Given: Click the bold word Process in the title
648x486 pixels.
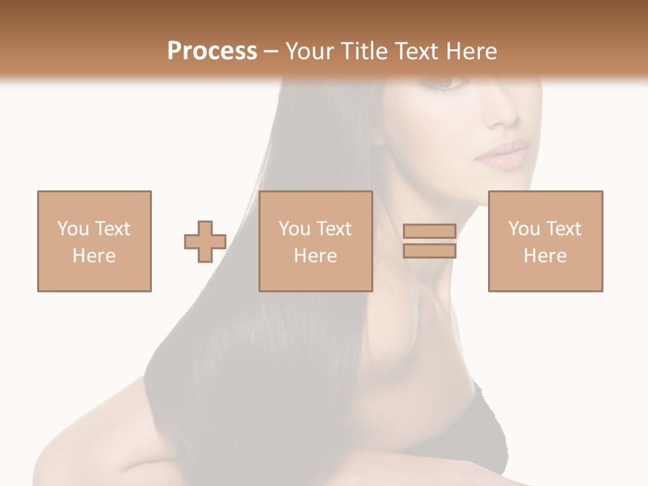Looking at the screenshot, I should tap(212, 51).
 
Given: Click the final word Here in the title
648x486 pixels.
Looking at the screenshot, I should tap(472, 51).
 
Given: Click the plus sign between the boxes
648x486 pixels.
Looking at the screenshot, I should tap(205, 242).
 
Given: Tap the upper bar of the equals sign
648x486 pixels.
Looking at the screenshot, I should tap(429, 232).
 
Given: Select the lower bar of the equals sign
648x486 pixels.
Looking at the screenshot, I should tap(429, 250).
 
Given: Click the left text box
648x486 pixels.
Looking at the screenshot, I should tap(94, 241).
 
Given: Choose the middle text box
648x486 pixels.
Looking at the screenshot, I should tap(315, 241).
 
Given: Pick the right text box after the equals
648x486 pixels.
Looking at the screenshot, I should tap(545, 241).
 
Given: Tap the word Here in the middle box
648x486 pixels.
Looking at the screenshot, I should tap(315, 256).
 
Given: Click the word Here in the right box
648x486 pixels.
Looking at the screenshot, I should tap(545, 256).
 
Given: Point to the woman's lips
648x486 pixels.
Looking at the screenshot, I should tap(503, 154).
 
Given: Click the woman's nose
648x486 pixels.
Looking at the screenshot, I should tap(503, 115).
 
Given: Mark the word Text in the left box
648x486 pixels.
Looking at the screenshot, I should tap(112, 229).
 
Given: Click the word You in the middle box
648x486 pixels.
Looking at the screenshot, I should tap(294, 229).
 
